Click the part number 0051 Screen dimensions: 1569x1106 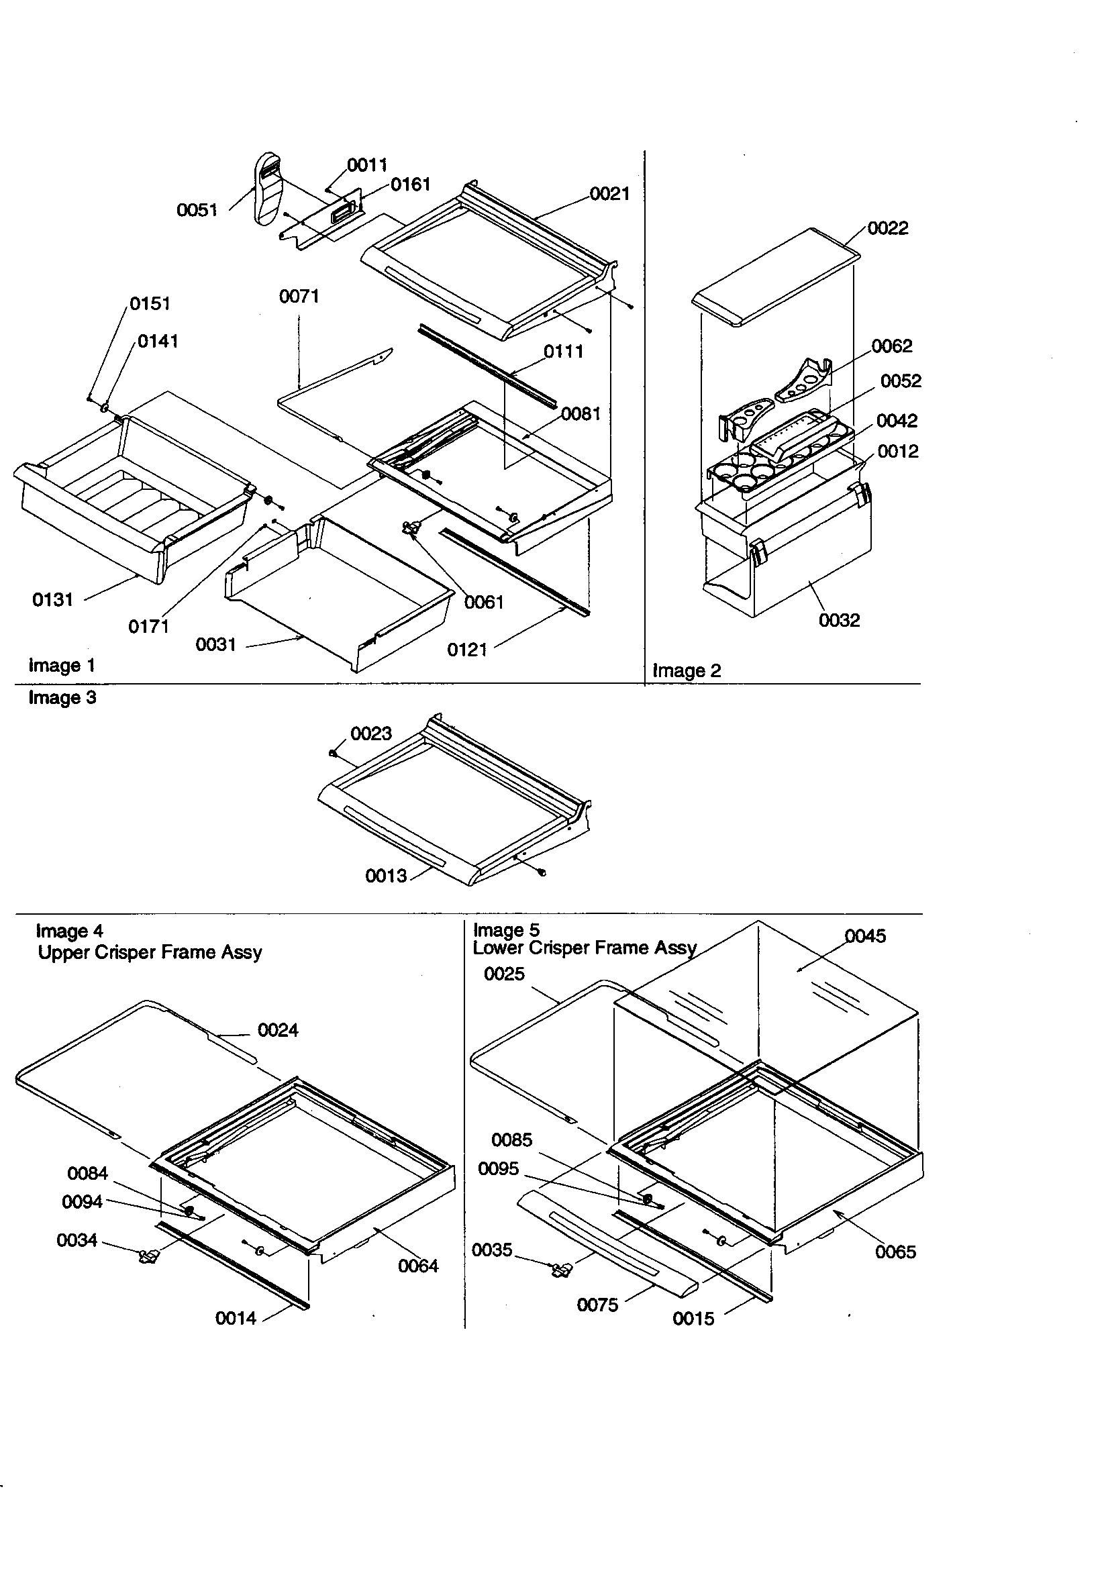point(197,210)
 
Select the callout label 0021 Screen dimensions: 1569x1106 point(609,193)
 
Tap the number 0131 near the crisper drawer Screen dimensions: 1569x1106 point(52,599)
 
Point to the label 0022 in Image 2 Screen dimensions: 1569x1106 point(887,227)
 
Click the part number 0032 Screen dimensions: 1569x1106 point(839,620)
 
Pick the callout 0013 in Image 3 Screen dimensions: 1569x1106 point(385,875)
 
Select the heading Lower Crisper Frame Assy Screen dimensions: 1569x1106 point(585,947)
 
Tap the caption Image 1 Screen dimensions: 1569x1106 point(62,665)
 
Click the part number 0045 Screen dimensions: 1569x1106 point(864,935)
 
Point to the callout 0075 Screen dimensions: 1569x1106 point(597,1305)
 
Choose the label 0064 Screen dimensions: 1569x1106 point(417,1266)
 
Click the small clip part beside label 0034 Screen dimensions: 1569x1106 point(148,1256)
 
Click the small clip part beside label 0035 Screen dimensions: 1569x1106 point(561,1270)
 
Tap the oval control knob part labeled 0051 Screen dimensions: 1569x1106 point(268,188)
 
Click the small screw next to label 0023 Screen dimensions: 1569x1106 point(332,752)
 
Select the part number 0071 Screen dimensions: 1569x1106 point(299,296)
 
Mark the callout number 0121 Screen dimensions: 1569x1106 point(467,649)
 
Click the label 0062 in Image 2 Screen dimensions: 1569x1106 point(891,346)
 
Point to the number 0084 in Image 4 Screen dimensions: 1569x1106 point(87,1172)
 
